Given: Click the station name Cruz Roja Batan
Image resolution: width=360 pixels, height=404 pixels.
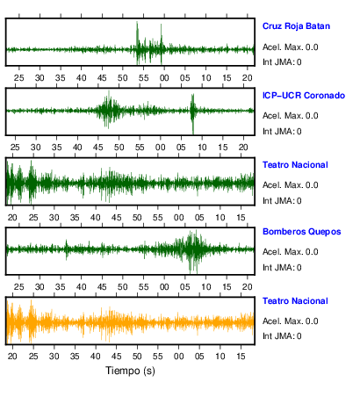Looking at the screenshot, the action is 296,26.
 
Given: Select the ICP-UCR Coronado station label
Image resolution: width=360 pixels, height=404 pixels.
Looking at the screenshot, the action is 304,96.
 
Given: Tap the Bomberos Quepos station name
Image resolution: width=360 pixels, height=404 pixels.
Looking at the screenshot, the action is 302,232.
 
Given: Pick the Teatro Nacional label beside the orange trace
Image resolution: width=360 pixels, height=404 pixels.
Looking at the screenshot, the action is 295,301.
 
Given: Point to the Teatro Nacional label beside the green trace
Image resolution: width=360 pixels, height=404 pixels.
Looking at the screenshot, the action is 295,165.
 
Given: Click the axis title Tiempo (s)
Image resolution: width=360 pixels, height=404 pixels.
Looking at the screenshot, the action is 130,371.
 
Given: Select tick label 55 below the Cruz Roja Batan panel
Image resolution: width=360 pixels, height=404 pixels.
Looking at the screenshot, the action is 143,78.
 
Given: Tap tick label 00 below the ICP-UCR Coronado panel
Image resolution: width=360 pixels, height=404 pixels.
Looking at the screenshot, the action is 161,148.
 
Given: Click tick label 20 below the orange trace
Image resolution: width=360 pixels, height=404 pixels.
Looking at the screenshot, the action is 12,357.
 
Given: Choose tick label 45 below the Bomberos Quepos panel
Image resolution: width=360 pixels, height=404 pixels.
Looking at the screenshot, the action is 102,286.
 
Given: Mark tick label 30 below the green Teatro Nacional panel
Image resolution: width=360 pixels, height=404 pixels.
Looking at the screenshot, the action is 54,218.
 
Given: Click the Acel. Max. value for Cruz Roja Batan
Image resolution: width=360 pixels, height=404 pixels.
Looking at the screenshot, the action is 291,47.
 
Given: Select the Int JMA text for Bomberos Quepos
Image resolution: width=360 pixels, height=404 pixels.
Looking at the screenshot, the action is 282,268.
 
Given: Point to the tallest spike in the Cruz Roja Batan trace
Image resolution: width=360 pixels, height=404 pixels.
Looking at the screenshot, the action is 137,22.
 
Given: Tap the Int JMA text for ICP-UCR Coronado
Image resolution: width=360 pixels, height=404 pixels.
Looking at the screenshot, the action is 282,132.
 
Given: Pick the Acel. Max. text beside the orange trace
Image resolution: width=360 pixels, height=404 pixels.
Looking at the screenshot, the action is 291,321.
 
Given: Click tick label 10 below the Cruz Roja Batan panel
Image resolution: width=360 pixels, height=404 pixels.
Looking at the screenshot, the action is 205,78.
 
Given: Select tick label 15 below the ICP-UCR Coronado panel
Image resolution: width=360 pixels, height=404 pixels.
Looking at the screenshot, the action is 223,148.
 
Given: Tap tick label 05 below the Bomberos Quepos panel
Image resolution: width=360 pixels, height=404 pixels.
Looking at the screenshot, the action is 185,286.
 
